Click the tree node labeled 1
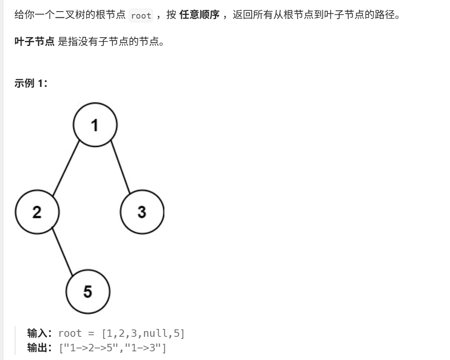tap(95, 125)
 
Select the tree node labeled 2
tap(37, 212)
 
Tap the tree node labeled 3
tap(142, 212)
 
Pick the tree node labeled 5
tap(88, 291)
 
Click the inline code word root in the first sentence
tap(141, 16)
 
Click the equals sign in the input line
tap(91, 333)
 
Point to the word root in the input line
tap(70, 333)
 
